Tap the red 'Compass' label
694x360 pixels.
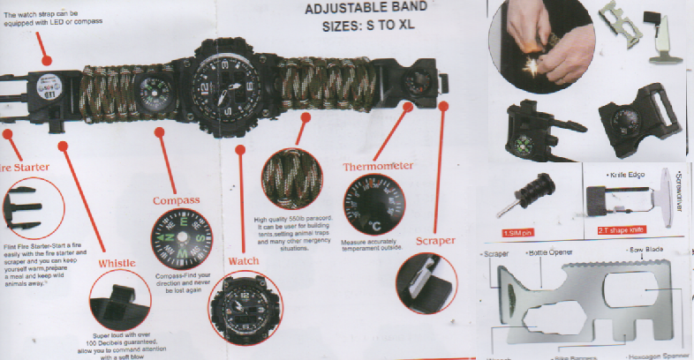click(177, 200)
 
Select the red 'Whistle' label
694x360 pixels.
click(117, 263)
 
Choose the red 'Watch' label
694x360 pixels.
click(244, 261)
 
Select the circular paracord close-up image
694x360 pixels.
click(291, 176)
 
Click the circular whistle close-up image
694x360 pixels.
click(120, 303)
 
